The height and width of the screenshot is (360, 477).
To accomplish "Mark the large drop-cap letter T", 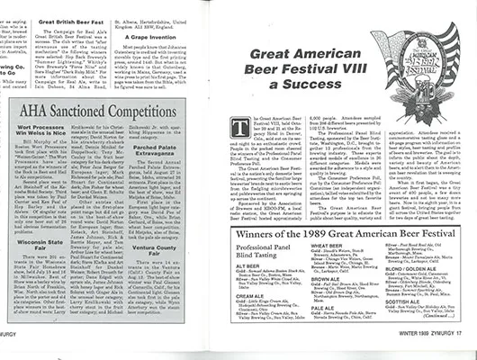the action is pyautogui.click(x=263, y=128).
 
